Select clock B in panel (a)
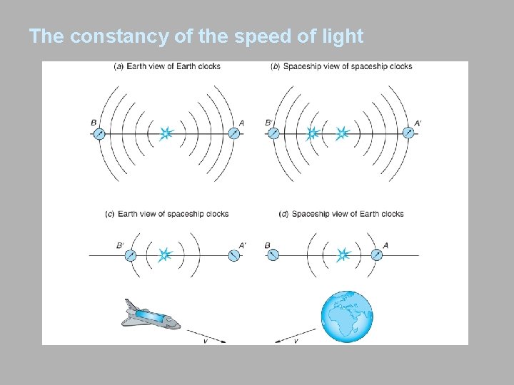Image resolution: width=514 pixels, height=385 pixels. coord(99,133)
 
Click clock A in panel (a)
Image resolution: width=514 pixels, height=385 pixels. coord(233,133)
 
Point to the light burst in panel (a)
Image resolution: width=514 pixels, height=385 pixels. coord(166,133)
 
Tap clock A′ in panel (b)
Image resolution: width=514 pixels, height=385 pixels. coord(408,133)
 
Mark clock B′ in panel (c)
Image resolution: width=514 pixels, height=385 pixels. coord(131,255)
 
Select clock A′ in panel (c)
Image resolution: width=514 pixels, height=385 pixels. coord(233,255)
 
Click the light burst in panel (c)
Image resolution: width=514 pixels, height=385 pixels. coord(166,255)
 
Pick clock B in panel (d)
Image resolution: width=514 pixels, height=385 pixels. coord(273,255)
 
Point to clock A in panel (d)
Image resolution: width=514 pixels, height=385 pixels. coord(376,255)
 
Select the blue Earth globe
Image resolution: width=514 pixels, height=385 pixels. coord(347,317)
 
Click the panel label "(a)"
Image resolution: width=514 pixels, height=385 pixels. coord(119,67)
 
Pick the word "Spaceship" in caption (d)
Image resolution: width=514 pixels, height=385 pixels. coord(311,214)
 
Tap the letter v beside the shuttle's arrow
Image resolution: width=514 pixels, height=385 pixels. coord(206,342)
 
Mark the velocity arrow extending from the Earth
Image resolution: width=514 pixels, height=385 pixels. coord(294,333)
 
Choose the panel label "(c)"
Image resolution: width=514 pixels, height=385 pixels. coord(110,214)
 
